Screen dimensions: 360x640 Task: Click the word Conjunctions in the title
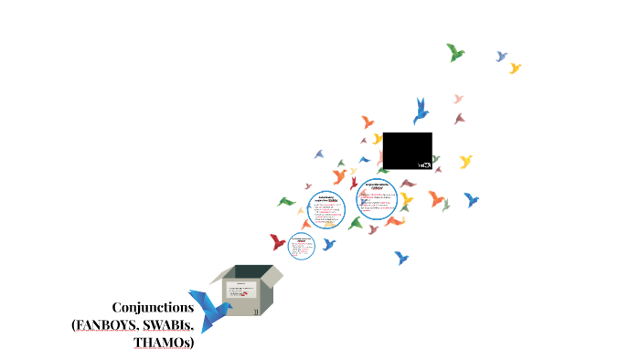tap(153, 307)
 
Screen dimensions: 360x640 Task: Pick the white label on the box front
tap(241, 292)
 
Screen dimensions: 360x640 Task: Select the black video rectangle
tap(407, 151)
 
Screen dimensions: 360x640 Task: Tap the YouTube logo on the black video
tap(424, 164)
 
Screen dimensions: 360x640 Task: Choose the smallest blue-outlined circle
tap(302, 245)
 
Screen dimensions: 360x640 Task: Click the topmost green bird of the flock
tap(454, 52)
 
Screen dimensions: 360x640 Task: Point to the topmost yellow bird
tap(515, 69)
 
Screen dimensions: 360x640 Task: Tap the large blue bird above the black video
tap(421, 110)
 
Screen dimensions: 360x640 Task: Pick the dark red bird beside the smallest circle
tap(277, 242)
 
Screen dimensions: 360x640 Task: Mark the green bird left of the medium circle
tap(287, 201)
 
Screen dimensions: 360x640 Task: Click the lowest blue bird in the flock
tap(400, 259)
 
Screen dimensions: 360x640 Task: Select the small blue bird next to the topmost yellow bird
tap(501, 57)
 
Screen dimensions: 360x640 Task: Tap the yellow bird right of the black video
tap(465, 162)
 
